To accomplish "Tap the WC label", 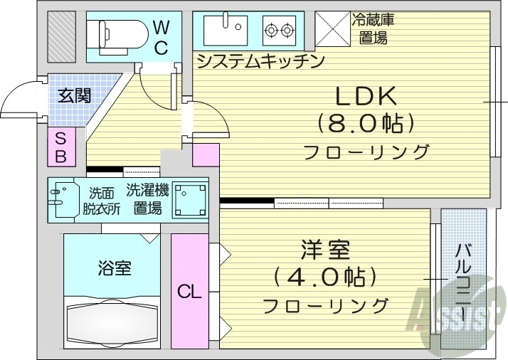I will pos(161,38).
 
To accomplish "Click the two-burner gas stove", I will pos(280,30).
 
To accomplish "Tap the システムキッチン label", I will pos(260,60).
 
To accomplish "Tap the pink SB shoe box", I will pos(60,147).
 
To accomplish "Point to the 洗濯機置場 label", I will pos(147,199).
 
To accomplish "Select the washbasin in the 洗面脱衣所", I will pos(62,199).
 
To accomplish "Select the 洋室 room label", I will pos(324,250).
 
